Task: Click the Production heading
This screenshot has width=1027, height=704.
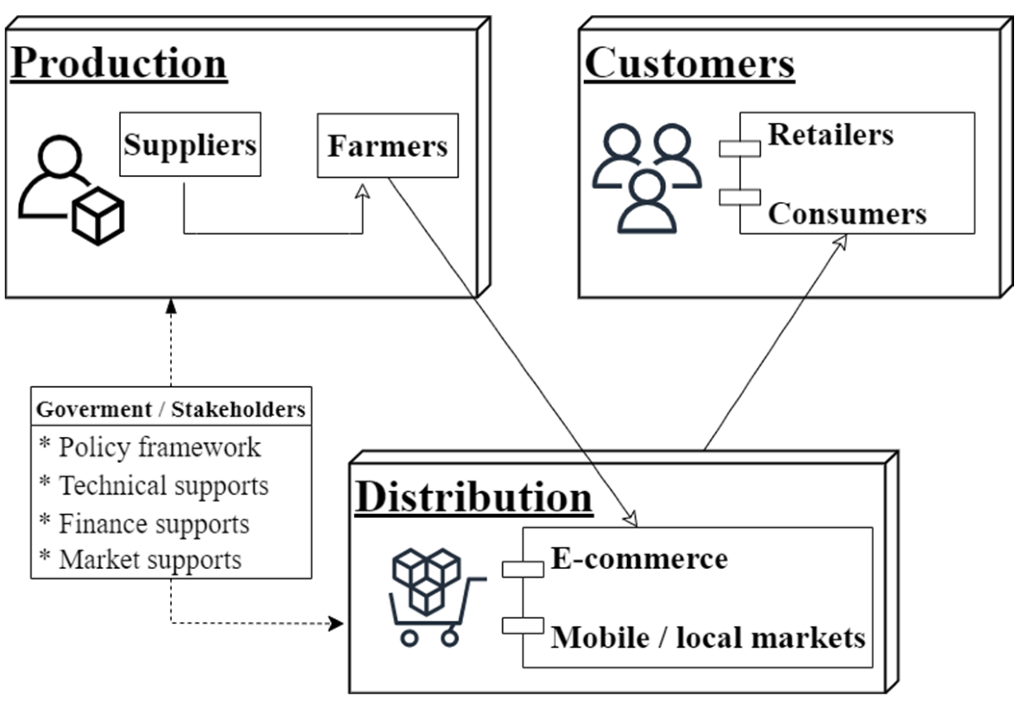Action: coord(118,64)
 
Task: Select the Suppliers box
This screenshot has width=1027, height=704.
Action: coord(190,144)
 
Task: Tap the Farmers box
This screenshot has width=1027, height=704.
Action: coord(388,145)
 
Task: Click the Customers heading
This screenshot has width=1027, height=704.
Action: coord(689,64)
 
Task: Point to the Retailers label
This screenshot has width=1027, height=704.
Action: coord(830,134)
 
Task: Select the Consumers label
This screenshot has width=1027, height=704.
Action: coord(847,214)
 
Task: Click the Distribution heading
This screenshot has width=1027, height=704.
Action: coord(474,497)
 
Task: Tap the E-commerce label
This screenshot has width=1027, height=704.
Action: coord(639,559)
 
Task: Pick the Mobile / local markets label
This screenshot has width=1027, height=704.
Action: coord(708,638)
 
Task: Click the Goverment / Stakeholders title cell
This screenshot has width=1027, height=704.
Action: coord(171,409)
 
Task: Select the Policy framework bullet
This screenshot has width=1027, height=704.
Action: coord(159,447)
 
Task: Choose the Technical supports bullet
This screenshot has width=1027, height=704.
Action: coord(163,485)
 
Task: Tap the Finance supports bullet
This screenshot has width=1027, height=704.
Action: coord(153,523)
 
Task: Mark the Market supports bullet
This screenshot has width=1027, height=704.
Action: coord(150,560)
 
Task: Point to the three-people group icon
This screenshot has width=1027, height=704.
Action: coord(647,178)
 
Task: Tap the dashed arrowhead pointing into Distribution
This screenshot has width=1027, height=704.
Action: coord(337,623)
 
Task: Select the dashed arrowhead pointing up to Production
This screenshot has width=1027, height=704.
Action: coord(171,306)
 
